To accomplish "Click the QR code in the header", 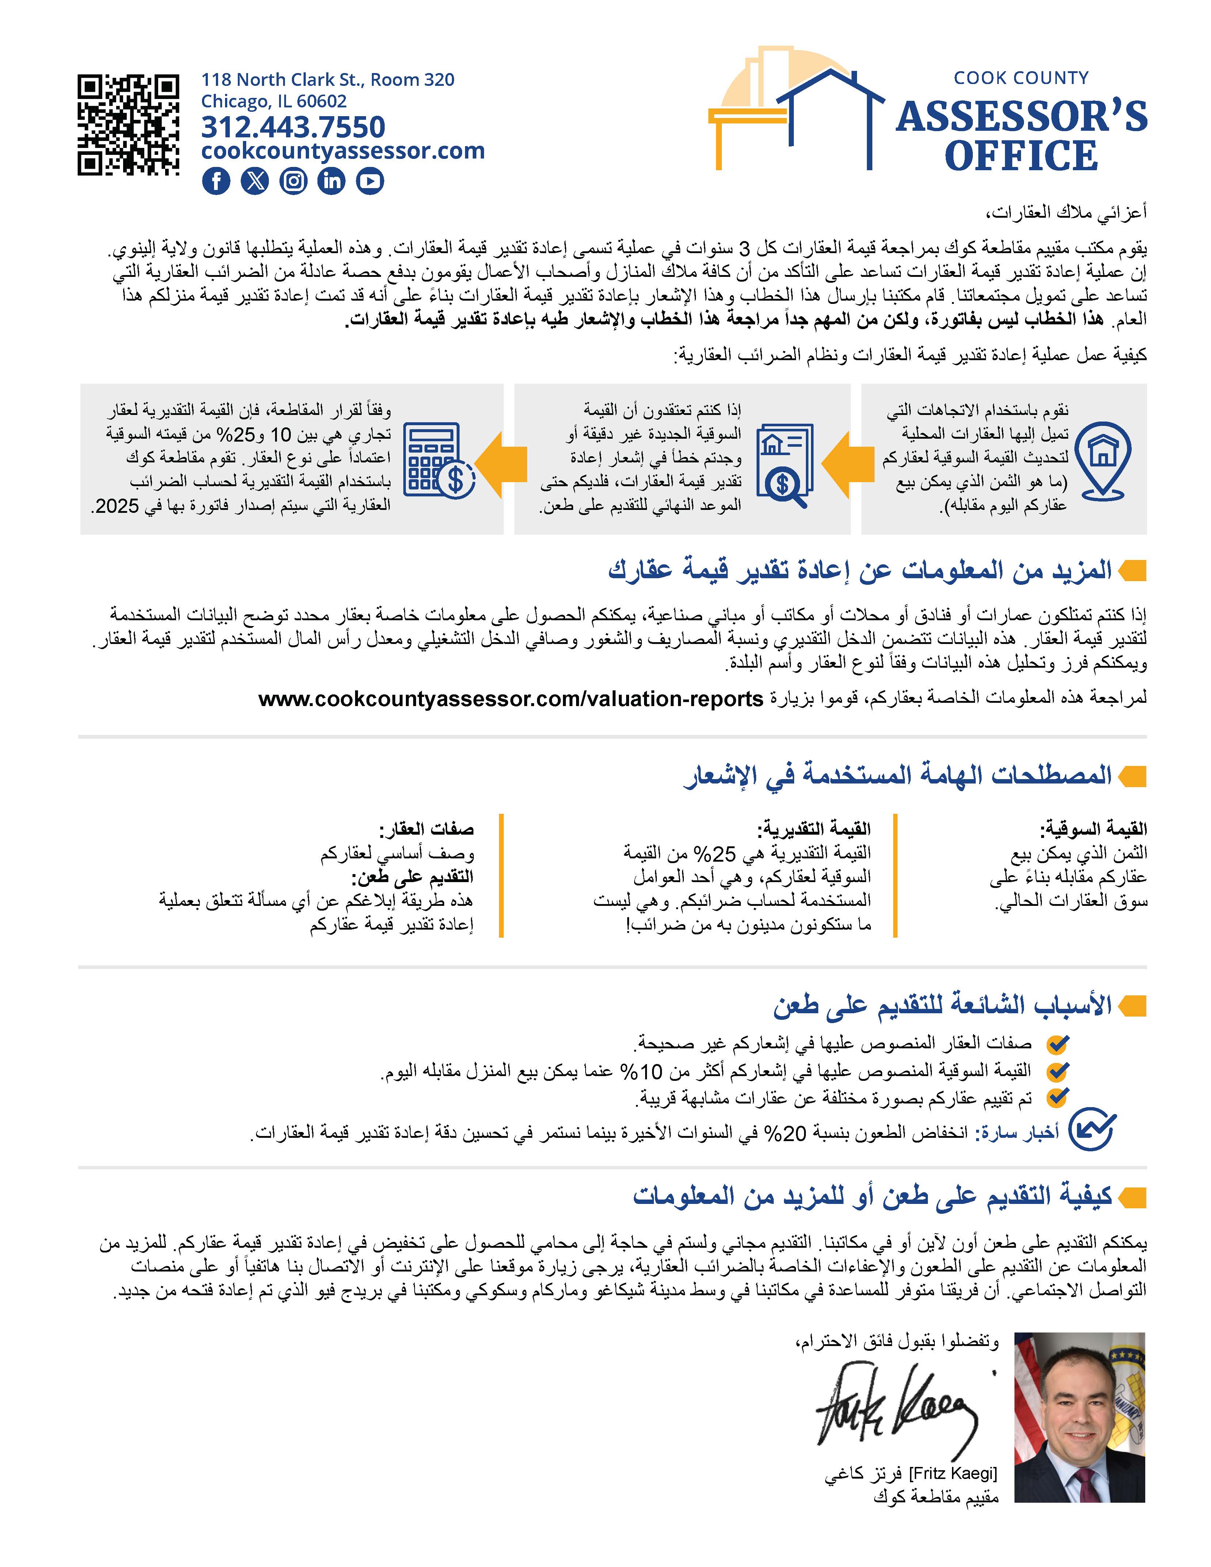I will point(128,125).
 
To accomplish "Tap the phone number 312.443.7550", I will point(293,127).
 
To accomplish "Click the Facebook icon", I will point(216,181).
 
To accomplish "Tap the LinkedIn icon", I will point(331,181).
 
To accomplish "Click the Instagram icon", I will point(293,181).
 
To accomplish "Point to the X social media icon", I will point(254,181).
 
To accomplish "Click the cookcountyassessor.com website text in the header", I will point(343,151).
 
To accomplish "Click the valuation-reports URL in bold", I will point(511,699).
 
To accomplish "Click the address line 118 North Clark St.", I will point(327,80).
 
